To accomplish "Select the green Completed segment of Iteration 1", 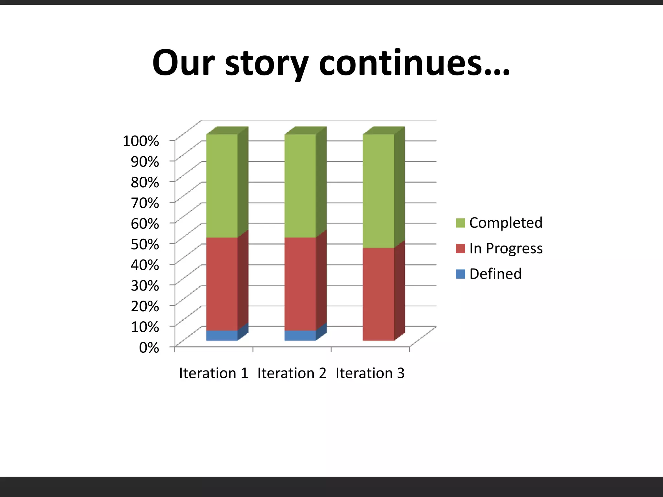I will pos(222,186).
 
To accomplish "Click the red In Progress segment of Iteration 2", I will pos(300,284).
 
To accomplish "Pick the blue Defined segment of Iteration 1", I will pos(222,336).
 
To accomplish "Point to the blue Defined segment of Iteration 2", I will pos(300,336).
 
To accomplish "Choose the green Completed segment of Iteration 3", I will pos(378,191).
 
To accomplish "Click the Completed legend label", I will pos(506,223).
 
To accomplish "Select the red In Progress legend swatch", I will pos(460,248).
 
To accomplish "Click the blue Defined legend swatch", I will pos(460,274).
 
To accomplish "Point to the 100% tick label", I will pos(141,141).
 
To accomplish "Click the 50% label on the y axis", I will pos(145,244).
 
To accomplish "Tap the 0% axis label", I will pos(149,348).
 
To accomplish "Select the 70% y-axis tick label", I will pos(145,203).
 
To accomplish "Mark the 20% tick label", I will pos(145,306).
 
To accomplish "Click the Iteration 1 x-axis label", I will pos(214,373).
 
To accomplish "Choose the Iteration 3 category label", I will pos(370,373).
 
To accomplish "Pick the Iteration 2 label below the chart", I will pos(292,373).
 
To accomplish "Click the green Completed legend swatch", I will pos(460,223).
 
